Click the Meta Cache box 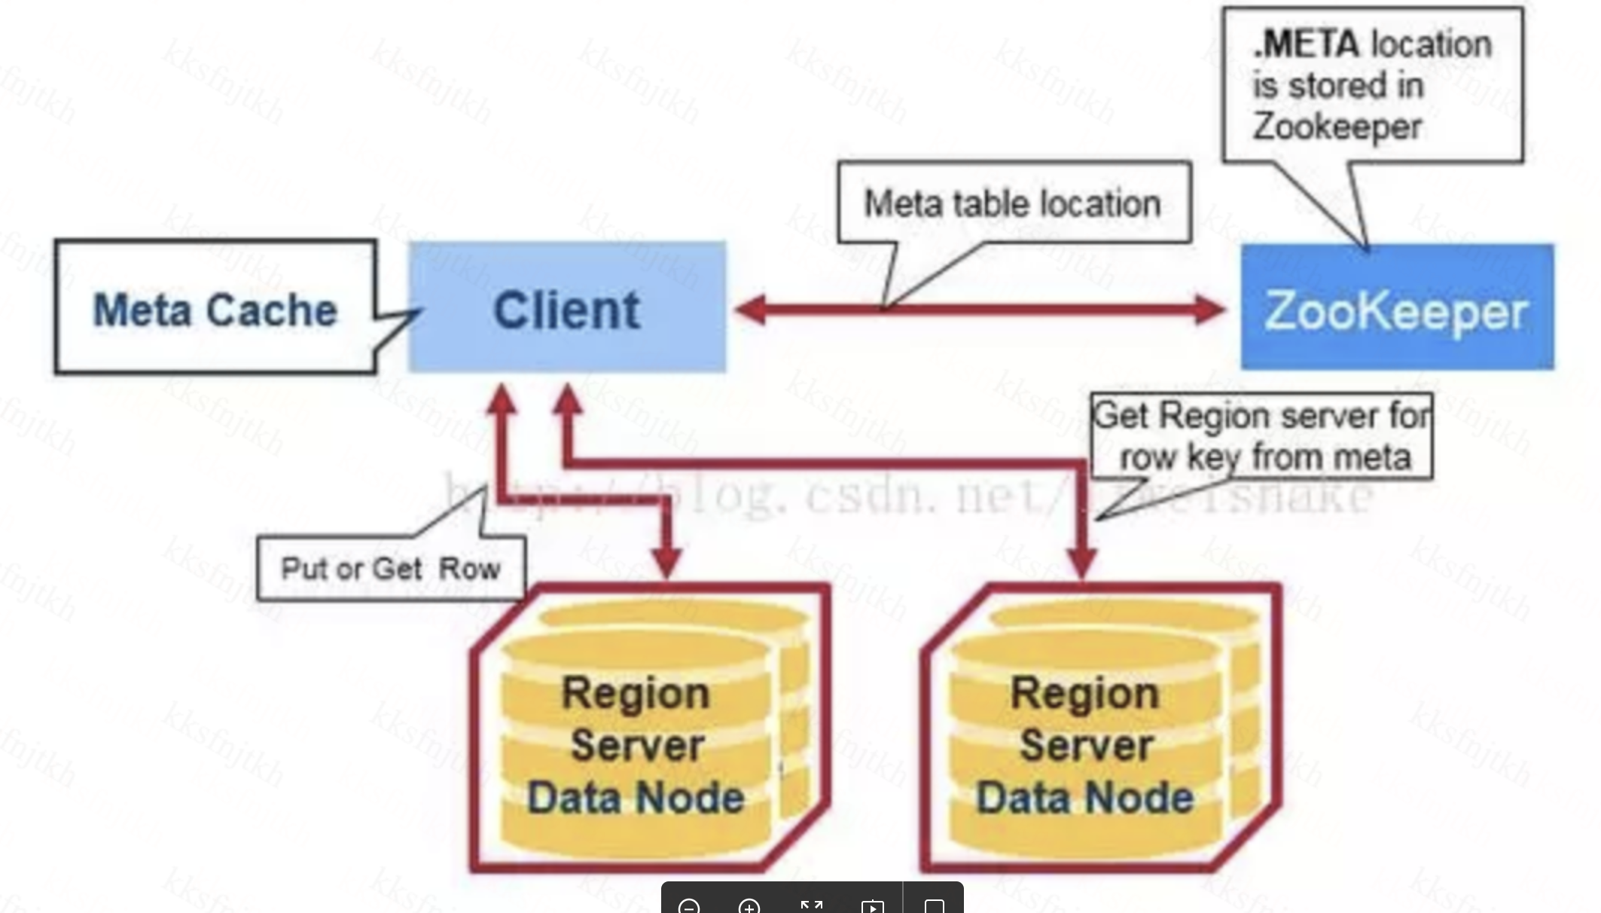tap(215, 307)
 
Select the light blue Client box tap(567, 307)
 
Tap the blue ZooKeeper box tap(1397, 307)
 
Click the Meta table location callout tap(1013, 203)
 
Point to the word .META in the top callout tap(1307, 44)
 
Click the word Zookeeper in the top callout tap(1337, 126)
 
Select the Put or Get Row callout tap(390, 569)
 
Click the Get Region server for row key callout tap(1262, 436)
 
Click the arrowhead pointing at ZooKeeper tap(1209, 309)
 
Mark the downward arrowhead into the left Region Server tap(666, 561)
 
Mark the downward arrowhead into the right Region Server tap(1082, 561)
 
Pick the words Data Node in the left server tap(636, 798)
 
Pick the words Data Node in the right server tap(1085, 798)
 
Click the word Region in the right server tap(1085, 692)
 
